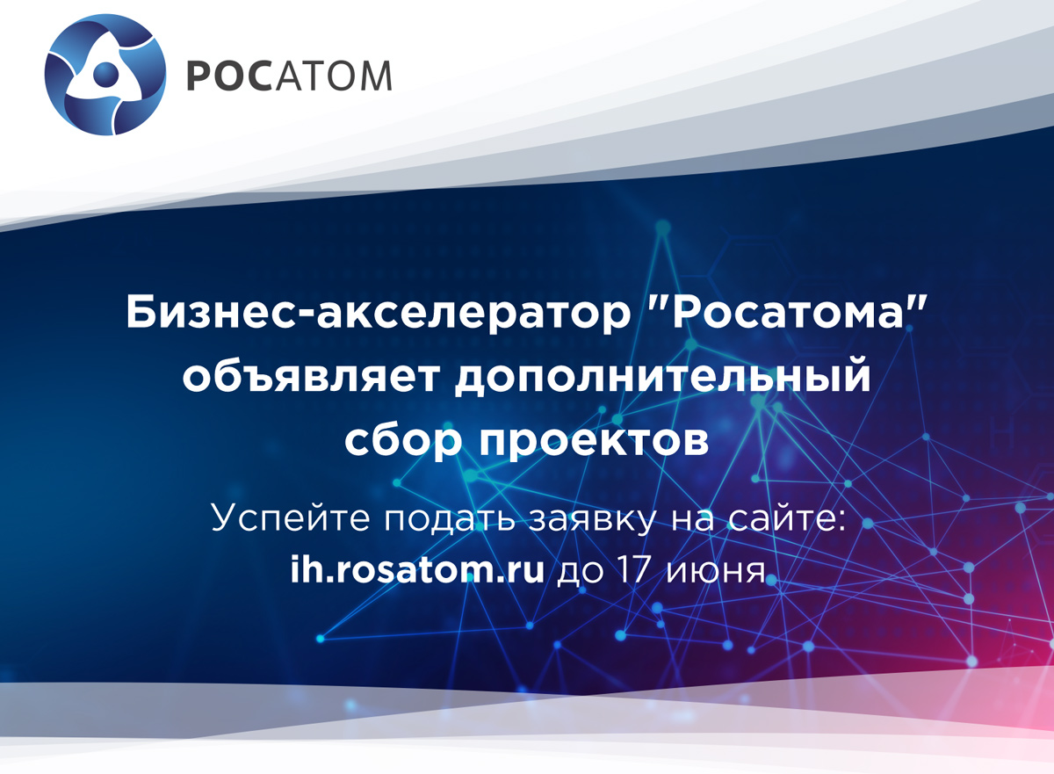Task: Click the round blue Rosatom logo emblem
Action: tap(105, 75)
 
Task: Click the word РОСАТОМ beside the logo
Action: tap(289, 76)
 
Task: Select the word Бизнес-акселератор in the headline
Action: tap(378, 313)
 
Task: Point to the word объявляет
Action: tap(311, 377)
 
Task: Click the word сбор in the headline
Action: tap(403, 440)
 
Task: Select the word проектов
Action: tap(594, 442)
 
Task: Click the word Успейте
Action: tap(291, 518)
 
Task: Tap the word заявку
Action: tap(592, 519)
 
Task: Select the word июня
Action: tap(716, 572)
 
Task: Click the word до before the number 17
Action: tap(581, 573)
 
